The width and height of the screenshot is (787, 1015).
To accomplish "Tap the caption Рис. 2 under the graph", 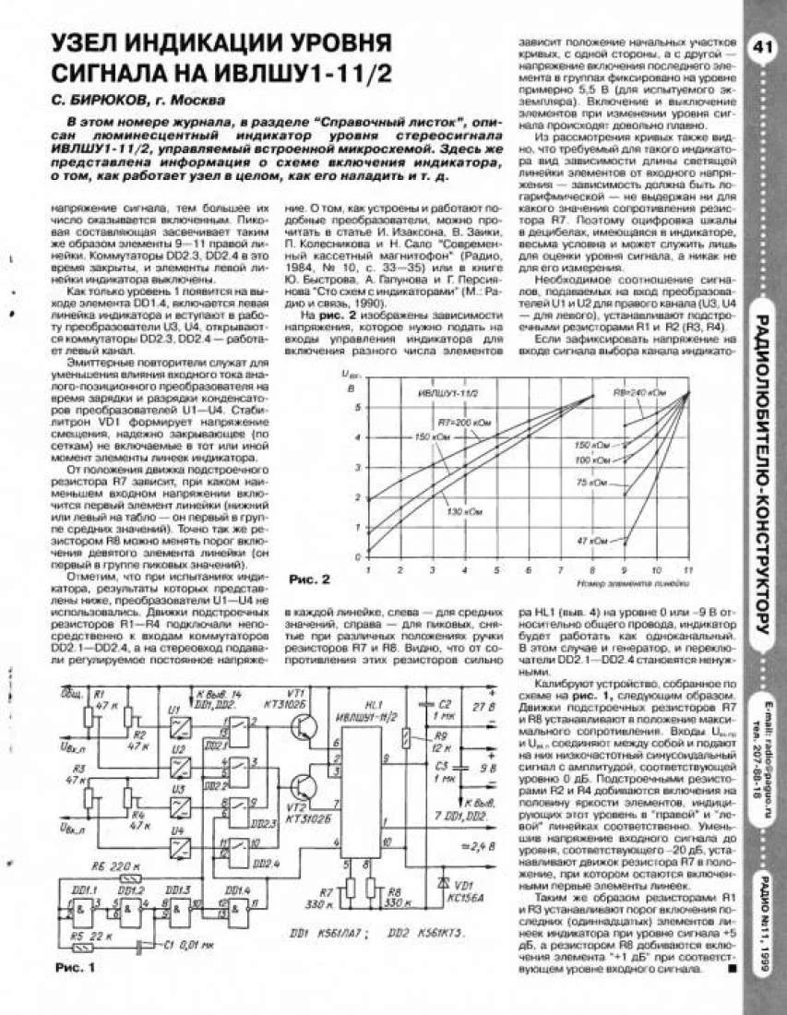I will pos(309,579).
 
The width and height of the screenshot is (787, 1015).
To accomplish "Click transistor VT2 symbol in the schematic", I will pos(300,787).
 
